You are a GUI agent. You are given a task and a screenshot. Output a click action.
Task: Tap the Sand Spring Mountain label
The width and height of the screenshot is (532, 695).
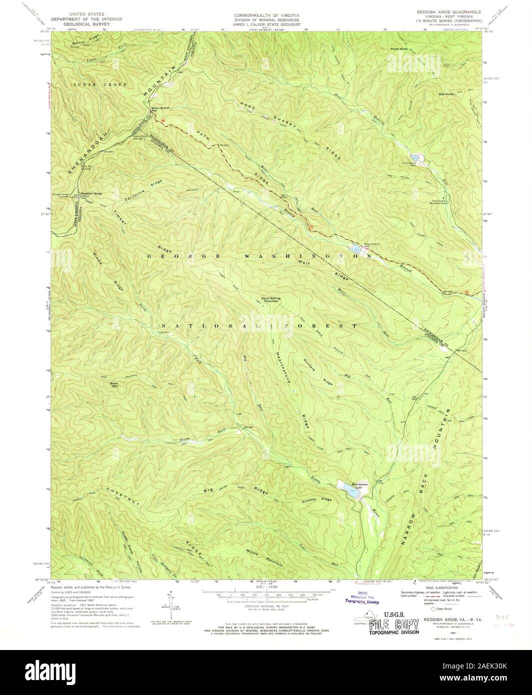pyautogui.click(x=271, y=299)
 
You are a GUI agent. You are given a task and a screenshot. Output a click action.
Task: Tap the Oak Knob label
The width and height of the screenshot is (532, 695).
pyautogui.click(x=446, y=94)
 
